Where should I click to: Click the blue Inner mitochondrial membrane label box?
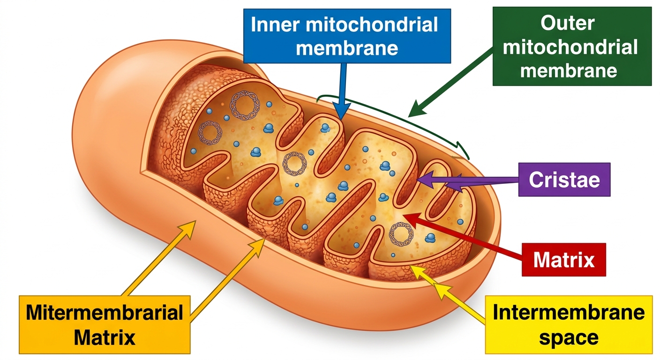(x=347, y=36)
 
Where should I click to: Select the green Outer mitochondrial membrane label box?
(x=572, y=46)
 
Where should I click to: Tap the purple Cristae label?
(x=564, y=180)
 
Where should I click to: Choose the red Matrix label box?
(x=563, y=260)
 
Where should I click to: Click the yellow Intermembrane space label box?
(x=569, y=325)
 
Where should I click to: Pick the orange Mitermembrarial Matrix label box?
(x=105, y=325)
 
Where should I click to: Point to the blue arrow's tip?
(x=341, y=120)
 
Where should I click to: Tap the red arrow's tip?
(x=403, y=216)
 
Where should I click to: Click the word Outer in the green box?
(x=568, y=23)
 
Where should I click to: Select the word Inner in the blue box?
(x=275, y=24)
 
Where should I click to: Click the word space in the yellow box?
(x=569, y=337)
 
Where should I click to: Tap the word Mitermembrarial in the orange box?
(x=105, y=312)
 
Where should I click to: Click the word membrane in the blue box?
(x=347, y=48)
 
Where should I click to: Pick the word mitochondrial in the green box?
(x=570, y=47)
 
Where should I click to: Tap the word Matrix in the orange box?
(x=105, y=337)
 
